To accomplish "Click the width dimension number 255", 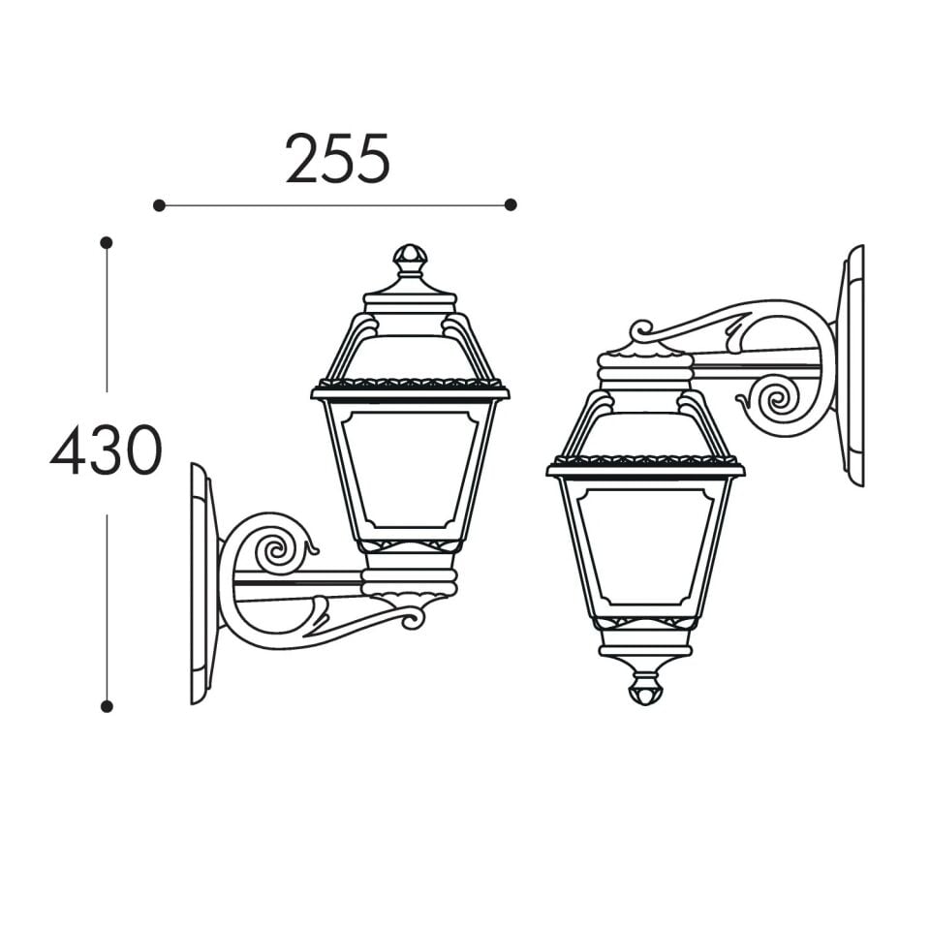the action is coord(337,158).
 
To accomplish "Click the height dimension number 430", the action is coord(107,450).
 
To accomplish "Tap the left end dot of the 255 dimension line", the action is coord(159,205).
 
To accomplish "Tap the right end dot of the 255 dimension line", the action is coord(511,204).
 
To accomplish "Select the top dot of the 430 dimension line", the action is coord(107,242).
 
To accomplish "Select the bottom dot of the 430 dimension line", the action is coord(107,706).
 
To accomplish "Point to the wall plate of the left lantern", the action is coord(201,583).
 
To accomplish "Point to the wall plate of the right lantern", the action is coord(852,366).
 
